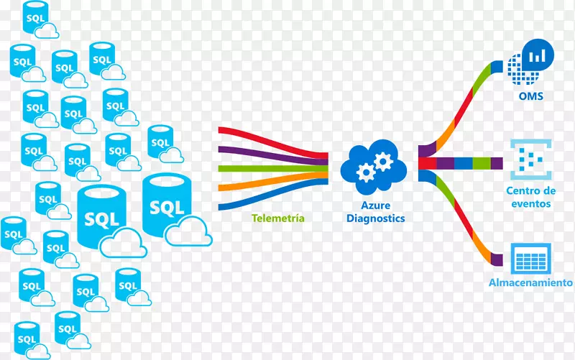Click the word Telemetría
[278, 218]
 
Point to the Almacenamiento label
[530, 282]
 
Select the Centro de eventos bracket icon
[530, 159]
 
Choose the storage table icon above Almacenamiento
[530, 257]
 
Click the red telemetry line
[273, 135]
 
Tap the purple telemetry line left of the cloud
[273, 151]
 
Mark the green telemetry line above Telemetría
[273, 170]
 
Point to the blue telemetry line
[273, 203]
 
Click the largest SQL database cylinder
[167, 206]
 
